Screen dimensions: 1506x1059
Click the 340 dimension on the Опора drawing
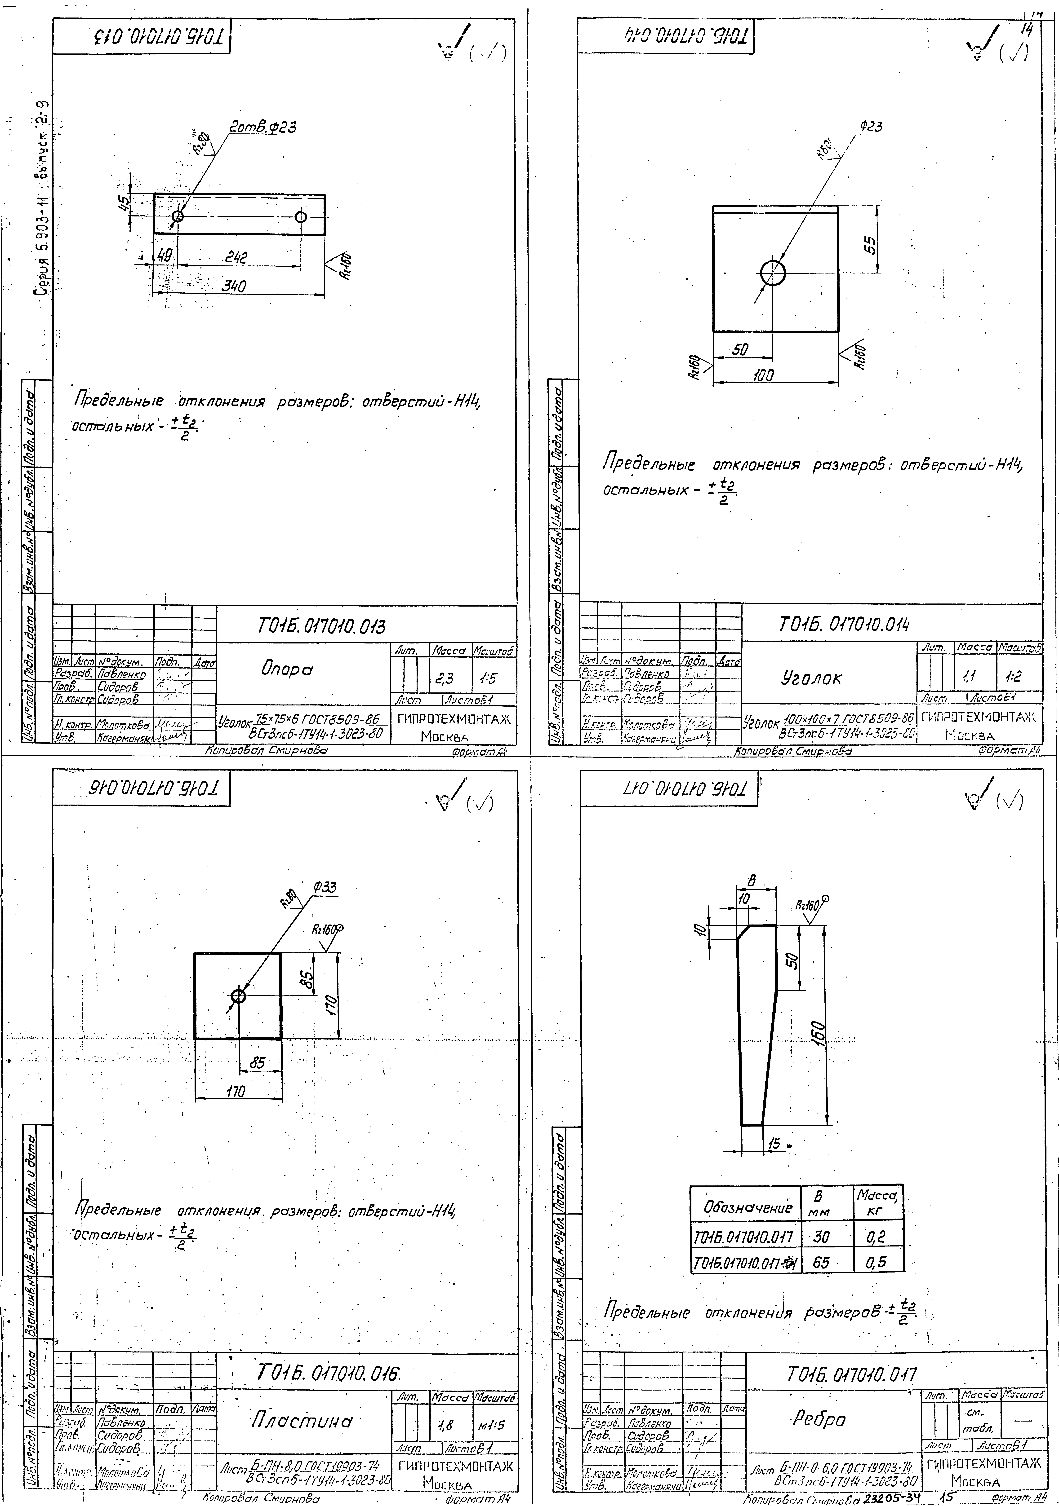tap(233, 287)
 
